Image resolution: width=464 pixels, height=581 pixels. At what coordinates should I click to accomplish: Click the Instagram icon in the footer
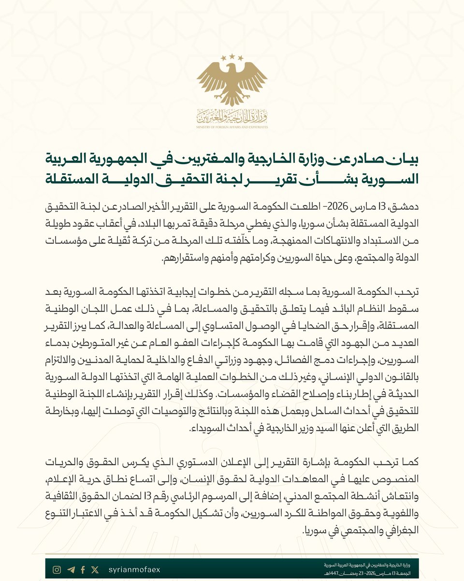[x=57, y=570]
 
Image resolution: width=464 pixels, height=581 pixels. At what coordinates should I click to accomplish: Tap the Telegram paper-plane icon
[x=71, y=570]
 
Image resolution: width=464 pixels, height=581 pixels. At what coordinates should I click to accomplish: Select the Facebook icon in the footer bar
[x=83, y=570]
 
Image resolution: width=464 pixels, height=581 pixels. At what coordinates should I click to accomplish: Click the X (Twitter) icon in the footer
[x=95, y=570]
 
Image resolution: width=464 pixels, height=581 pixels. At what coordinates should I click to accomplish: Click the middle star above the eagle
[x=232, y=56]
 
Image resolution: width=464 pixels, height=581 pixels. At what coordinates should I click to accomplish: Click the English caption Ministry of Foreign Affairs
[x=232, y=127]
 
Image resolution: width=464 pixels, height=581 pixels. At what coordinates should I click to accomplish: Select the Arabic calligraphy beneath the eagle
[x=232, y=116]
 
